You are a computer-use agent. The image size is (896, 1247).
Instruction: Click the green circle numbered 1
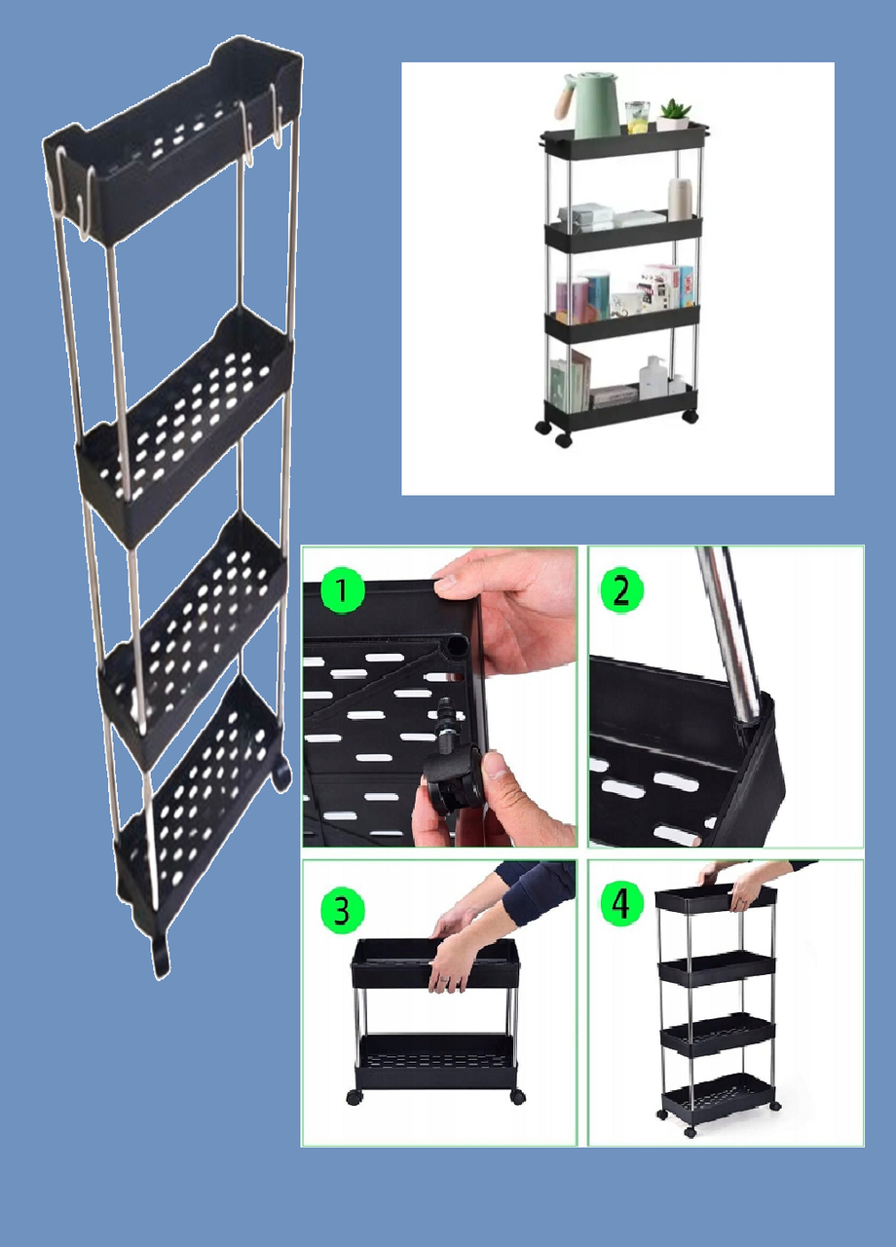(342, 590)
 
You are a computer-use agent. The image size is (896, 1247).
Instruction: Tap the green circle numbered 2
(621, 590)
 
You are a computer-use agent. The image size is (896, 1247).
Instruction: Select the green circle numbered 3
(342, 911)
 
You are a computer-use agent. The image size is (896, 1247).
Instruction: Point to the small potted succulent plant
(674, 115)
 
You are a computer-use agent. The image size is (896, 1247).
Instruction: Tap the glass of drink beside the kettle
(637, 117)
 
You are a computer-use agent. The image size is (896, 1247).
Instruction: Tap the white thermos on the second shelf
(680, 199)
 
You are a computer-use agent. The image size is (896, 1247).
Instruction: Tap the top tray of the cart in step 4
(716, 899)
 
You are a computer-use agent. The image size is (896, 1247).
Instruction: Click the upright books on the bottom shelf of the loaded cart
(570, 380)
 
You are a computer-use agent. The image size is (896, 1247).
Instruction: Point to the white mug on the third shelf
(625, 304)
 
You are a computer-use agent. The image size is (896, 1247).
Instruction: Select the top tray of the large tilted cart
(172, 139)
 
